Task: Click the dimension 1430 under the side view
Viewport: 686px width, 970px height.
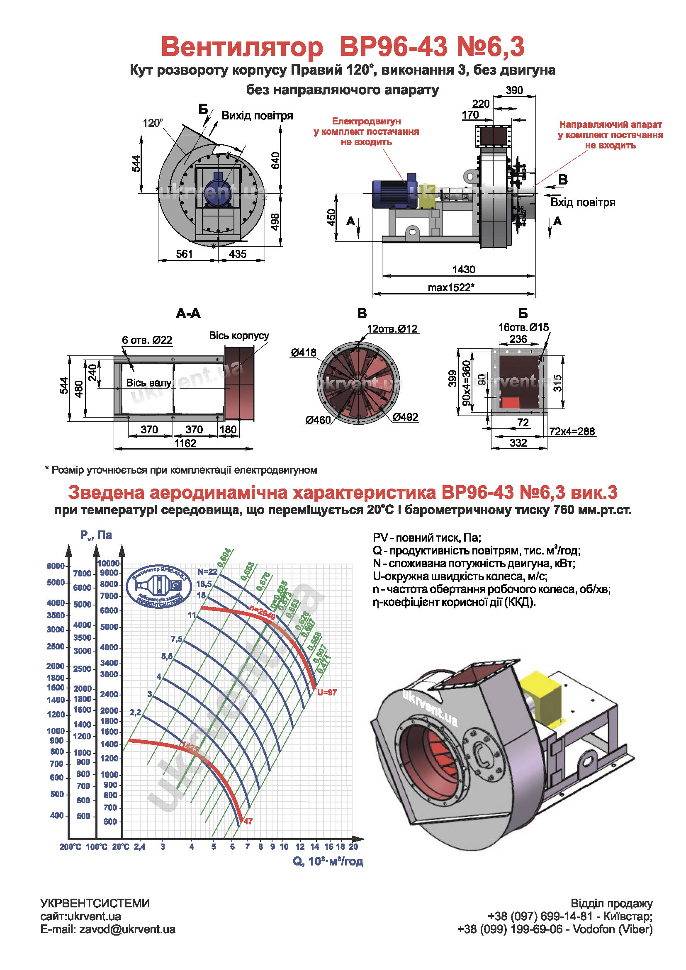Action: (x=463, y=269)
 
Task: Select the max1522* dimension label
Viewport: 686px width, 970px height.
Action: (x=451, y=287)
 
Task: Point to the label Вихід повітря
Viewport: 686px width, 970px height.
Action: (x=257, y=116)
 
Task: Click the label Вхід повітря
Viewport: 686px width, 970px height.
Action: (x=582, y=202)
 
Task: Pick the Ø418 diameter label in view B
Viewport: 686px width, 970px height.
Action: (x=303, y=353)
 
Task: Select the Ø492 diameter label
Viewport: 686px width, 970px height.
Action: (x=405, y=417)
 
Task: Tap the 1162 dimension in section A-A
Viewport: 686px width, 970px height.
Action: (x=185, y=443)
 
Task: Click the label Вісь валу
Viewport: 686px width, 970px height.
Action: (x=149, y=383)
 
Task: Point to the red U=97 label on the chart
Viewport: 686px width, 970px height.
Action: (x=326, y=692)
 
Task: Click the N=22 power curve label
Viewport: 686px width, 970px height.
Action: (x=207, y=571)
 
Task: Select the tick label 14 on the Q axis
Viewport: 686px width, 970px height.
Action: (x=314, y=847)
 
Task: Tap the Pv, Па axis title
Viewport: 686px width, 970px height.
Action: (x=96, y=535)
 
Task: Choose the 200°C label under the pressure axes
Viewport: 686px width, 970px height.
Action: (x=70, y=847)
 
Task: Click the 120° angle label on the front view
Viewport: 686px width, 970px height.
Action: (x=153, y=123)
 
